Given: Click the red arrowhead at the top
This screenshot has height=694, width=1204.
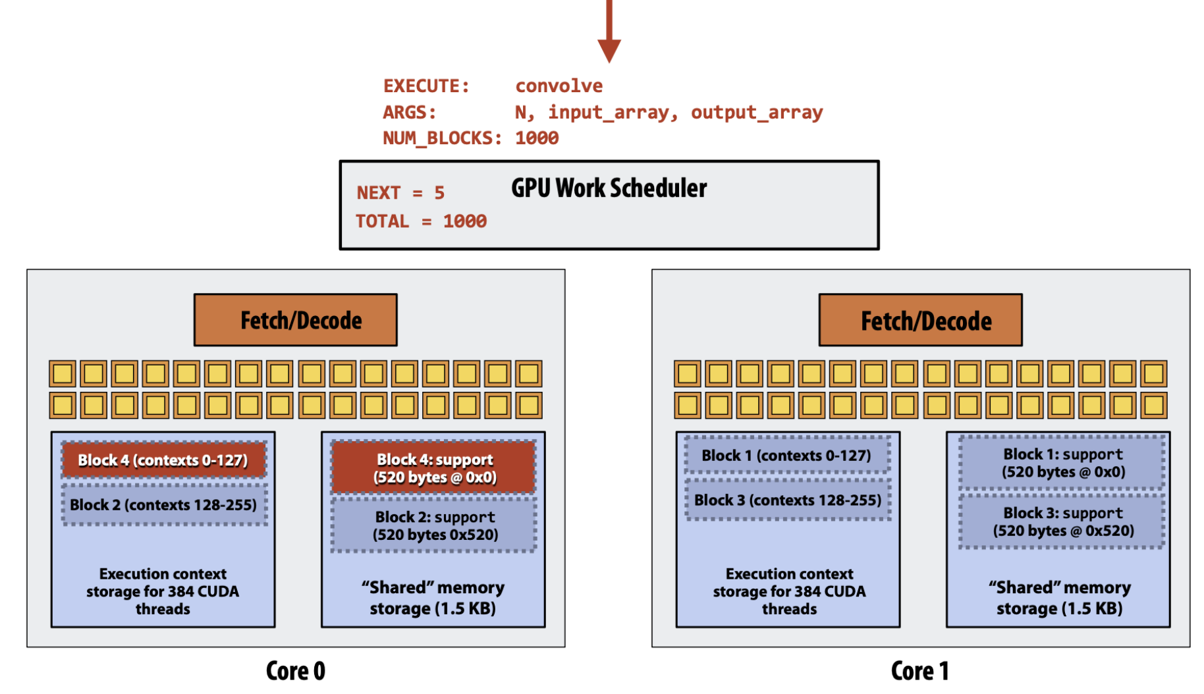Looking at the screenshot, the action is tap(609, 50).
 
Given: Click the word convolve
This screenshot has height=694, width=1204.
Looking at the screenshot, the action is tap(559, 86).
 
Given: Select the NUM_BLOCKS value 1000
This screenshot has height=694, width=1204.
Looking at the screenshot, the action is tap(537, 138).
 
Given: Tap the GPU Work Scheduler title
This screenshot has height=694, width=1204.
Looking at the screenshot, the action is tap(609, 188).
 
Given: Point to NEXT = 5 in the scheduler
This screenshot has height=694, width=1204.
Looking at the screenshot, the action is tap(400, 192).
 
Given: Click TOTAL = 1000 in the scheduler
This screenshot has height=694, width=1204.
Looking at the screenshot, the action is tap(422, 221).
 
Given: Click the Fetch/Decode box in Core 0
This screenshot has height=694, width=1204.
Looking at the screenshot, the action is tap(296, 320).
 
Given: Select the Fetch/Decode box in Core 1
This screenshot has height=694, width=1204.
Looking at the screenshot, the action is tap(921, 320).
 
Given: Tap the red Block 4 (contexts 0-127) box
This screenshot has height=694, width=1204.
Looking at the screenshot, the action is tap(164, 460).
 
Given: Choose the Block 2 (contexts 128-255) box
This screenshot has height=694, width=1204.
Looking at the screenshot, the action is tap(164, 504).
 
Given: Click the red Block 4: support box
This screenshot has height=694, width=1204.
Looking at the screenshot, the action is tap(434, 467).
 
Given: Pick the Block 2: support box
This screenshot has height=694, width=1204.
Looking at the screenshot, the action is tap(434, 525).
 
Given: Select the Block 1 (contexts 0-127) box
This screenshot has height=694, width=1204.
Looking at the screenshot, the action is tap(787, 455).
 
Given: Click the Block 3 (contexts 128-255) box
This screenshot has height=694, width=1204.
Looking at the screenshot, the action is tap(787, 500).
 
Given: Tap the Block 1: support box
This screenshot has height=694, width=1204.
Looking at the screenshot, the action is tap(1062, 463).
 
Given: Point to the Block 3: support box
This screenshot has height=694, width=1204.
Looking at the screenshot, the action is tap(1062, 521).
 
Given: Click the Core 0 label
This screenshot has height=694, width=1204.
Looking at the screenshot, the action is tap(296, 671).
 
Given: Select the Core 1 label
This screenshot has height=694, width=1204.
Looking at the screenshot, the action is tap(920, 671).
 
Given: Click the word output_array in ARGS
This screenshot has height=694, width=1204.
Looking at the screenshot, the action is tap(757, 113).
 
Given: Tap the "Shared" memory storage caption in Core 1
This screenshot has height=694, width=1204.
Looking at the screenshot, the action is tap(1059, 597).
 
